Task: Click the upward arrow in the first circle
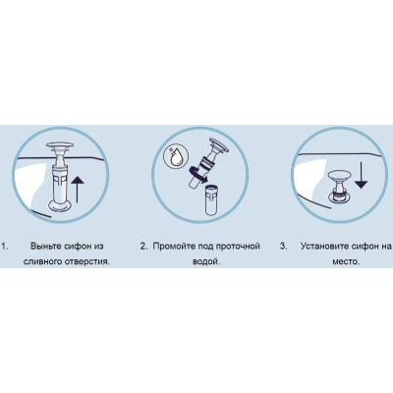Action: (77, 190)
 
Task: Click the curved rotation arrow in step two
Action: (196, 174)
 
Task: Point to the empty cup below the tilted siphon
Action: (211, 200)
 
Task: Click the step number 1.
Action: (5, 247)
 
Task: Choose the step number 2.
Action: (144, 247)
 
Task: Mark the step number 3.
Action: (283, 247)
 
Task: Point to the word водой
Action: (205, 262)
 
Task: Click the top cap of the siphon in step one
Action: (60, 145)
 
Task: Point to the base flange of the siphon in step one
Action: (60, 205)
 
